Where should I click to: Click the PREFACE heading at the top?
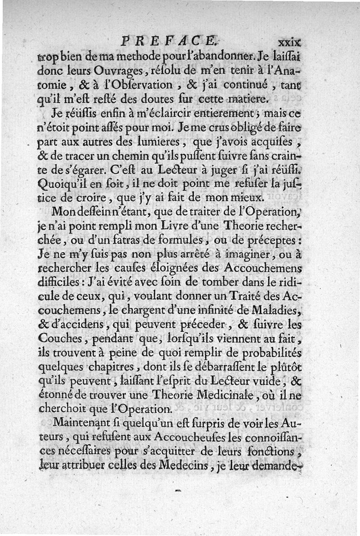170,42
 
